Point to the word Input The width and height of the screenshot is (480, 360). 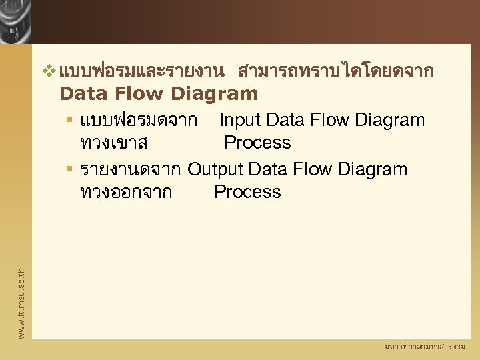(x=241, y=120)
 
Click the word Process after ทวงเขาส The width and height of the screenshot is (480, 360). (x=257, y=143)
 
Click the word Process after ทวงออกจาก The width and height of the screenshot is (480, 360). (x=247, y=192)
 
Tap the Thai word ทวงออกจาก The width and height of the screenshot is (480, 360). (x=125, y=192)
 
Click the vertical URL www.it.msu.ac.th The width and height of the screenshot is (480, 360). (x=21, y=302)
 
